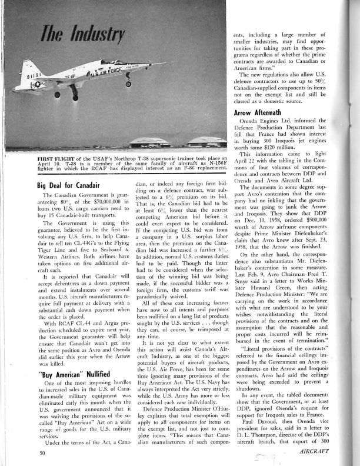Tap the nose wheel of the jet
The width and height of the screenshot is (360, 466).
(128, 84)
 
